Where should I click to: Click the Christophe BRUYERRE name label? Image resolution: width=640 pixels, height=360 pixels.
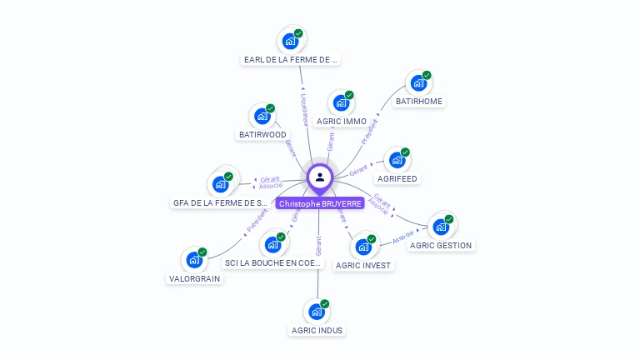pyautogui.click(x=320, y=203)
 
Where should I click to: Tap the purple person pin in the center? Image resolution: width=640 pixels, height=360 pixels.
pyautogui.click(x=320, y=177)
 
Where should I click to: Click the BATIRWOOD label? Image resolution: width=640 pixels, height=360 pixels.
pyautogui.click(x=262, y=134)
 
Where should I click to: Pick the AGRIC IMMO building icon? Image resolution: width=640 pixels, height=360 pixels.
pyautogui.click(x=340, y=103)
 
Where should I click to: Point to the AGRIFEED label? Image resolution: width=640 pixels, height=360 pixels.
pyautogui.click(x=397, y=179)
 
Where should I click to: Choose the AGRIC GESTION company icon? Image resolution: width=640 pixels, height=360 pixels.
pyautogui.click(x=439, y=227)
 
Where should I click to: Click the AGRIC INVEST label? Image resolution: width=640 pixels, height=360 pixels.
pyautogui.click(x=362, y=265)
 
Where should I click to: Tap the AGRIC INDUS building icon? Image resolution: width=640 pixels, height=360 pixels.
pyautogui.click(x=316, y=312)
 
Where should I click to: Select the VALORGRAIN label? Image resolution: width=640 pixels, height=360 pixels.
pyautogui.click(x=195, y=278)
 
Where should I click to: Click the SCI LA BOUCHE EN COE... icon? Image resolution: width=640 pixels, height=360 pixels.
pyautogui.click(x=271, y=245)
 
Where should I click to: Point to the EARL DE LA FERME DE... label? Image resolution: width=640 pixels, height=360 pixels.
pyautogui.click(x=291, y=59)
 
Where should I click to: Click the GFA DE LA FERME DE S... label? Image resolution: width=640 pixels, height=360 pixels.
pyautogui.click(x=220, y=202)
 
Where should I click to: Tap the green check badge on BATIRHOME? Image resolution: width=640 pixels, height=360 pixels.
pyautogui.click(x=427, y=75)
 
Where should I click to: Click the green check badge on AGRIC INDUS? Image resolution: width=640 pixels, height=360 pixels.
pyautogui.click(x=325, y=303)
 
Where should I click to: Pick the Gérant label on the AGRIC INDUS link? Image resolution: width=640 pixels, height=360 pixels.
pyautogui.click(x=318, y=245)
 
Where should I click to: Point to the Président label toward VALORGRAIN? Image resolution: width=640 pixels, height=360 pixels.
pyautogui.click(x=257, y=219)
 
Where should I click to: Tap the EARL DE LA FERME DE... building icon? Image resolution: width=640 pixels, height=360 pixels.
pyautogui.click(x=290, y=41)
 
